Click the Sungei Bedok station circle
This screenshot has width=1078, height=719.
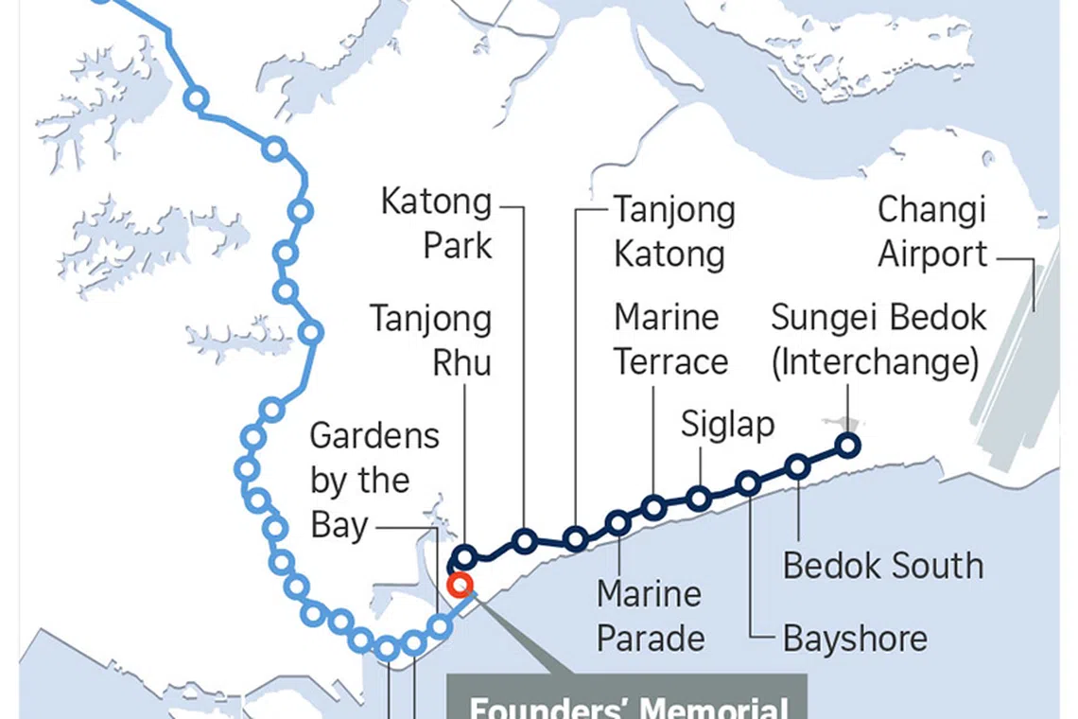tap(848, 445)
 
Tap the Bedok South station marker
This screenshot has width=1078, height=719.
tap(798, 465)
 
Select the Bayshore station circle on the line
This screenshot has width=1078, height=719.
tap(748, 483)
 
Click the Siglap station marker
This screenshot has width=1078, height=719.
tap(699, 499)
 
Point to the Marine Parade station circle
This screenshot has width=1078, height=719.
tap(618, 522)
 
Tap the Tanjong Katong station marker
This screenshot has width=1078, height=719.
tap(575, 539)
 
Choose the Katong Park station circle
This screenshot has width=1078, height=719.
tap(525, 541)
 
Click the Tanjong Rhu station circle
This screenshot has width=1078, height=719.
tap(465, 556)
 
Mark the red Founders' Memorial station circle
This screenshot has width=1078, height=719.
tap(460, 585)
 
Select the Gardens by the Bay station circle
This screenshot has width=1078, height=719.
tap(439, 626)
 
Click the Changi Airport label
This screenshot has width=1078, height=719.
tap(932, 232)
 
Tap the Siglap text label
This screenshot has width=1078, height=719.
tap(727, 425)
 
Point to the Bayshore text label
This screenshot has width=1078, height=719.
tap(855, 639)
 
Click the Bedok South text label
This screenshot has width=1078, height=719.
tap(883, 566)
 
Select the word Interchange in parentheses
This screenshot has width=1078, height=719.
tap(875, 363)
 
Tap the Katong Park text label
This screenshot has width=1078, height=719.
tap(437, 223)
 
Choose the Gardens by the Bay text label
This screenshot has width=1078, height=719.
tap(374, 481)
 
